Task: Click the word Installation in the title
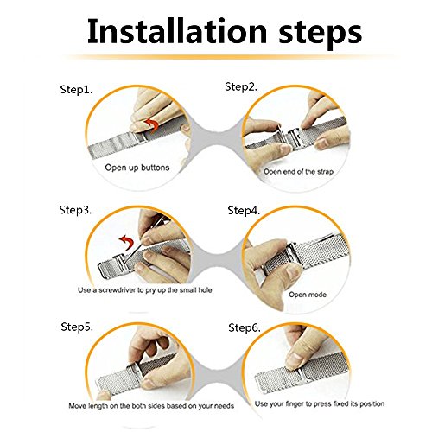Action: click(177, 31)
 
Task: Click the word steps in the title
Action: click(320, 34)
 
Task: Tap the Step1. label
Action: click(76, 90)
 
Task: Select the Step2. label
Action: click(241, 87)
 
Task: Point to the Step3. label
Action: click(75, 210)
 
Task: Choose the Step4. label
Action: click(244, 211)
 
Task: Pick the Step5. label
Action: click(77, 327)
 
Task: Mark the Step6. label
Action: click(245, 327)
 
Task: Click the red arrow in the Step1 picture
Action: click(153, 125)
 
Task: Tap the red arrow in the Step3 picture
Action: click(128, 243)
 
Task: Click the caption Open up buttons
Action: click(137, 168)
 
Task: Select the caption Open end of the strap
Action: click(298, 172)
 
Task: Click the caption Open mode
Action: click(308, 295)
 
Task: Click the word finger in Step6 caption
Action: click(295, 404)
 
